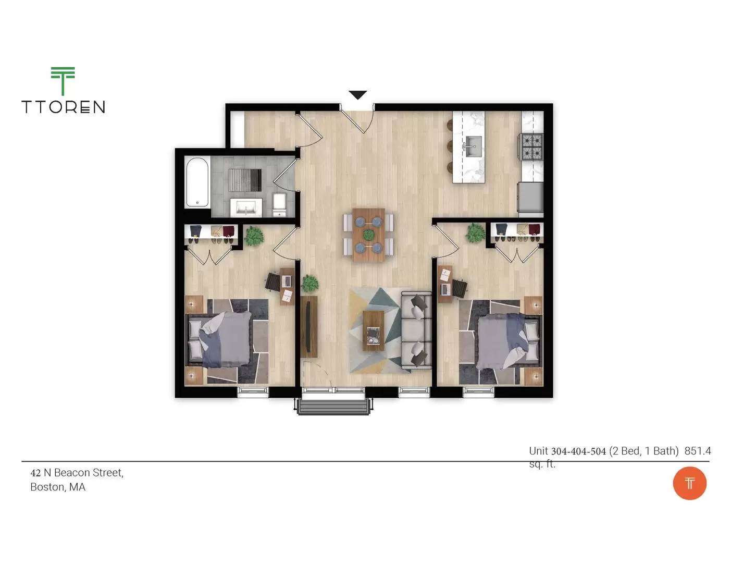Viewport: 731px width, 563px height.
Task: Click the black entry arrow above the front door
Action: pyautogui.click(x=357, y=94)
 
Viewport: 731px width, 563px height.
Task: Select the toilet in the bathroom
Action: pyautogui.click(x=280, y=204)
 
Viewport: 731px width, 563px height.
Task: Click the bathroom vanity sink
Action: pyautogui.click(x=246, y=207)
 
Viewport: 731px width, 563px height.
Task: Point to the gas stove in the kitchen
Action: pyautogui.click(x=531, y=146)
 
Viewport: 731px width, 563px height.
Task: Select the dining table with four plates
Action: pyautogui.click(x=368, y=235)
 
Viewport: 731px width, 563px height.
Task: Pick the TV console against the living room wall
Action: pyautogui.click(x=308, y=326)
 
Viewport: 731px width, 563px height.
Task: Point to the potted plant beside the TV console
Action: pyautogui.click(x=310, y=283)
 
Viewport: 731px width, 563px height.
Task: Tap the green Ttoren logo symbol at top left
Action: pyautogui.click(x=63, y=80)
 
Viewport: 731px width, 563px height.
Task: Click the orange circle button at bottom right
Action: pyautogui.click(x=689, y=483)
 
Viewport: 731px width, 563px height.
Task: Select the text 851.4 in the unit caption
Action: pyautogui.click(x=697, y=451)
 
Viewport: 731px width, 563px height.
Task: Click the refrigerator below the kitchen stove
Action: pyautogui.click(x=530, y=197)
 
